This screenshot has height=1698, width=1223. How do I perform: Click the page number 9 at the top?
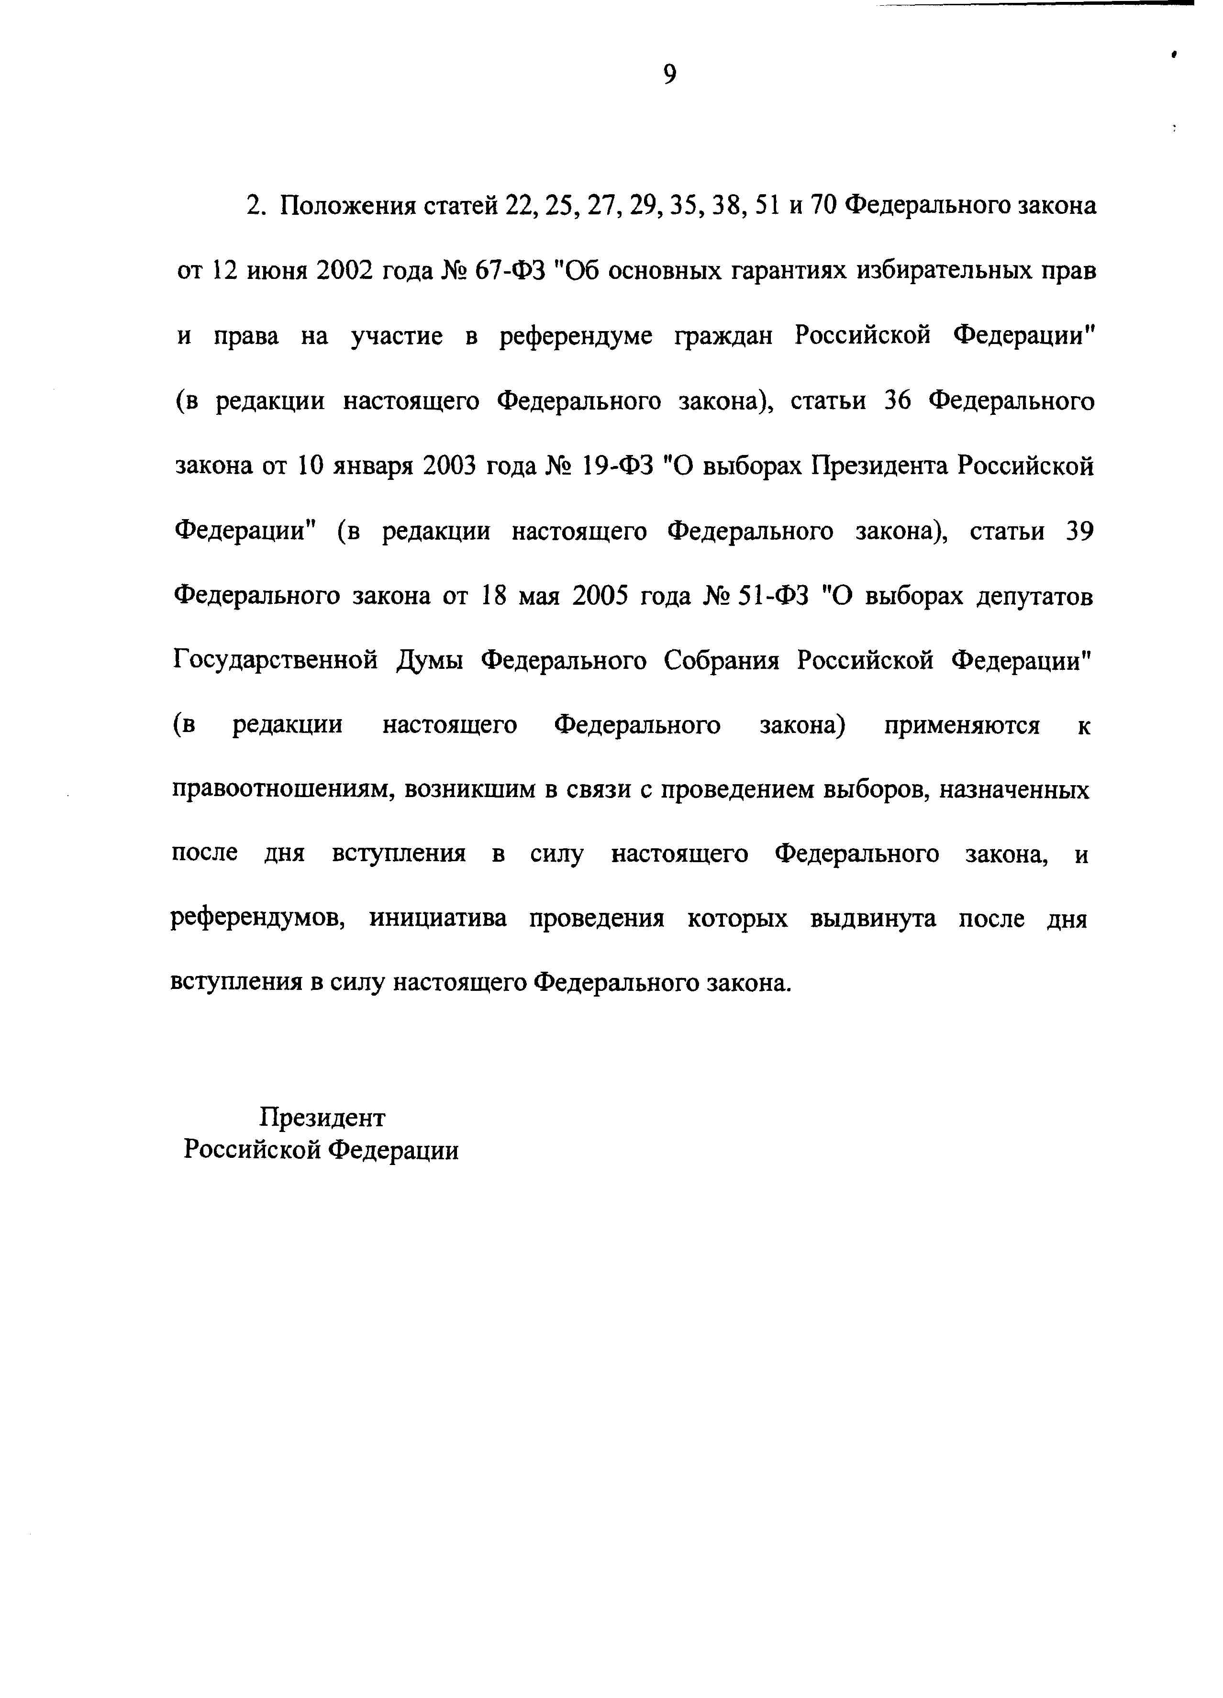pos(669,74)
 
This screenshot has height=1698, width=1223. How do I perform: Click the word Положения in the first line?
pos(347,206)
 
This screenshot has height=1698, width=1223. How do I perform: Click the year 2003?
pos(450,467)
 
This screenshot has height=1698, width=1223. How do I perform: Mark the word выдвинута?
pos(872,919)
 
